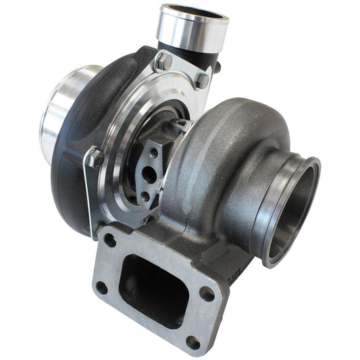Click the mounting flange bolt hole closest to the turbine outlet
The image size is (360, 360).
(208, 294)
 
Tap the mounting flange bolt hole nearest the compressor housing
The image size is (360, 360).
(109, 240)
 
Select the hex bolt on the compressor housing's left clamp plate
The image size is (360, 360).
(95, 158)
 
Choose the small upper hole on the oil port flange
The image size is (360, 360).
(154, 153)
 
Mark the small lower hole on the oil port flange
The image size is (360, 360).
(145, 196)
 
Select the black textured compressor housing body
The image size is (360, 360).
(74, 176)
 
